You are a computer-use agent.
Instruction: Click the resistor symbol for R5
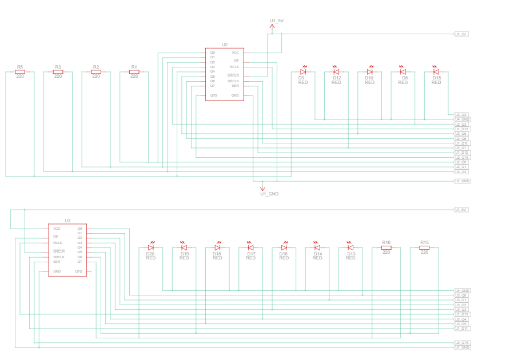[20, 72]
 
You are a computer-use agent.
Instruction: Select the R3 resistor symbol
[58, 72]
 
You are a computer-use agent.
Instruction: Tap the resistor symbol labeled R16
[386, 247]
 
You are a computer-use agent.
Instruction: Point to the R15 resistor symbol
[424, 247]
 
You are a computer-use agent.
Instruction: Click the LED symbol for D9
[303, 72]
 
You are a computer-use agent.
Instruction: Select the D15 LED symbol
[436, 72]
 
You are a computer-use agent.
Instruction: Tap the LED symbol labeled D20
[151, 247]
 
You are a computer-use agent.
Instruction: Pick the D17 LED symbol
[250, 247]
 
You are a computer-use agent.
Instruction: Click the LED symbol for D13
[350, 247]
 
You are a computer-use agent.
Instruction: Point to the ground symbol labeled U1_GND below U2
[262, 187]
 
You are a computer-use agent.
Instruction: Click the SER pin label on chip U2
[235, 86]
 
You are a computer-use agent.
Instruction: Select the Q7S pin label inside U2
[213, 95]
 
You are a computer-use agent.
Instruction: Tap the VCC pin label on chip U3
[57, 229]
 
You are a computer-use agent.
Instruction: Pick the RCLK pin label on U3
[57, 243]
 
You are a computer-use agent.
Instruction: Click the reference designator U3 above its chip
[67, 220]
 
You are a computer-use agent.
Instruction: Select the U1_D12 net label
[462, 153]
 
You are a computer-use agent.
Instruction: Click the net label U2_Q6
[461, 138]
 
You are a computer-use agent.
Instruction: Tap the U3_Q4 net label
[461, 319]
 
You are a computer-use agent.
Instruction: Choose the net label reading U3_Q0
[461, 295]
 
